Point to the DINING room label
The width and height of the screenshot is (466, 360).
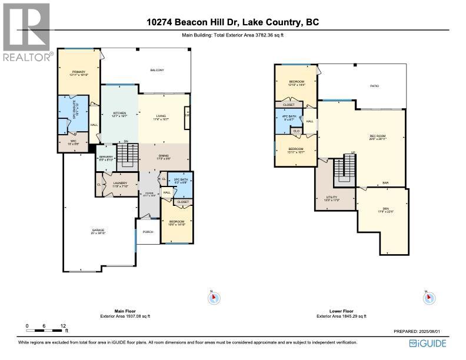[x=163, y=156]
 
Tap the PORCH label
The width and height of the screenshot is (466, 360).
[x=148, y=232]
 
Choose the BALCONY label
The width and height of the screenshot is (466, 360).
[x=155, y=70]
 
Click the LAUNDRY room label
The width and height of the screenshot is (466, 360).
[x=120, y=184]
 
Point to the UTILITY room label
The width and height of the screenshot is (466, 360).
[x=332, y=198]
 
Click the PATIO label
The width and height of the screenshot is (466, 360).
[x=374, y=86]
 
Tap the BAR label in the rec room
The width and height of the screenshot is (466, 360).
[x=385, y=182]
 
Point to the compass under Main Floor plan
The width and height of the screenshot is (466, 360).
[x=214, y=298]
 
